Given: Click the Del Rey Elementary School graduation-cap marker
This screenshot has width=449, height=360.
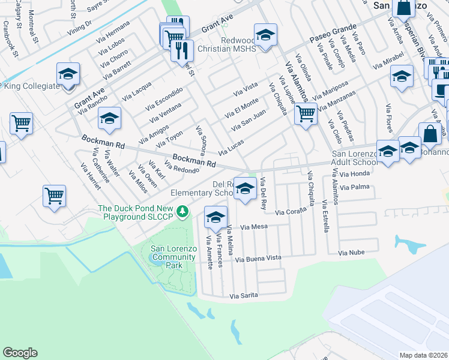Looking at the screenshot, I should (x=244, y=190).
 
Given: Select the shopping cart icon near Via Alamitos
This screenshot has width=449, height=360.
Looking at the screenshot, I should (x=306, y=113).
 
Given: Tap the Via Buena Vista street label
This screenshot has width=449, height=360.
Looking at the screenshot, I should (x=258, y=259).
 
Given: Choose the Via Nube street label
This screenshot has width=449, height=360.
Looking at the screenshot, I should (x=351, y=254).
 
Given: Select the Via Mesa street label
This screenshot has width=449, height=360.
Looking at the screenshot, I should (x=253, y=227).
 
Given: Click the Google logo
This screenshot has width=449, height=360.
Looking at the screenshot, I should (x=20, y=353).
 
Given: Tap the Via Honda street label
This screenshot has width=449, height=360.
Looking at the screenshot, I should (x=354, y=173).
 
